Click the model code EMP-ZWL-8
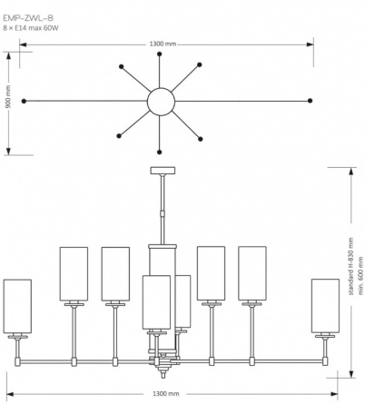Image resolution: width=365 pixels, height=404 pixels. point(28,18)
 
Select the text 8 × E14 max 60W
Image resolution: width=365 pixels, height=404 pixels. point(31,28)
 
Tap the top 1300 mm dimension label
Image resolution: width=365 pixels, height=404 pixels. point(163,44)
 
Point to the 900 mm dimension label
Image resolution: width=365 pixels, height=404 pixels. point(8,96)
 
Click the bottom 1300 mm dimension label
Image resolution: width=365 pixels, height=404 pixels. point(165,393)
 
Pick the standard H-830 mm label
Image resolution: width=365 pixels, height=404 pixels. point(351,266)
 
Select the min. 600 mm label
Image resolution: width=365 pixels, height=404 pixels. point(360,276)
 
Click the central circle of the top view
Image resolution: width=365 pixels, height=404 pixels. point(161,102)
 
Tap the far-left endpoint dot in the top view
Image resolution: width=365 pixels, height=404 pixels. point(24,101)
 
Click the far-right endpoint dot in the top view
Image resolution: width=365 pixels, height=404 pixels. point(310,101)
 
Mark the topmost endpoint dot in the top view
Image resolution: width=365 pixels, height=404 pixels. point(160,54)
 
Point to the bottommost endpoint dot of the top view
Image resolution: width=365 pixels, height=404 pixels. point(160,152)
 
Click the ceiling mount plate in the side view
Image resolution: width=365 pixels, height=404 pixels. point(163,171)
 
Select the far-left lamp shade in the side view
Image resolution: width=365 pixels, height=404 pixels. point(17,306)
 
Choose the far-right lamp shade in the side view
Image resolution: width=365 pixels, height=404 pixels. point(325,306)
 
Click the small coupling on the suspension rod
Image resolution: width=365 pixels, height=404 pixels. point(163,213)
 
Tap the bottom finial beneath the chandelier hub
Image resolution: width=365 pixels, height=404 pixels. point(163,373)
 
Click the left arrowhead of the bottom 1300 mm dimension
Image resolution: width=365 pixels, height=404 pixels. point(10,394)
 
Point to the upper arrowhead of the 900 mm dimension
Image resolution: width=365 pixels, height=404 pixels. point(9,56)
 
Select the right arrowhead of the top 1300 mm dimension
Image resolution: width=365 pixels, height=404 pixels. point(310,44)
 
